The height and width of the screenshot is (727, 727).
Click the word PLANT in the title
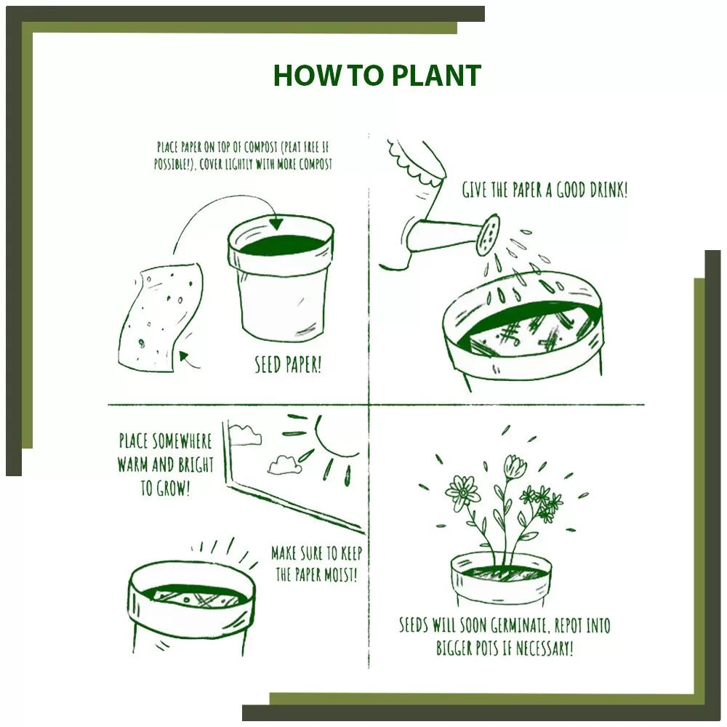pyautogui.click(x=435, y=76)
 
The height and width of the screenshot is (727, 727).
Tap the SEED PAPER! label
pyautogui.click(x=288, y=364)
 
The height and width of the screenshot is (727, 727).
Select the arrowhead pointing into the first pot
pyautogui.click(x=276, y=223)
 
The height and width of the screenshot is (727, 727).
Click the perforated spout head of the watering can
pyautogui.click(x=489, y=234)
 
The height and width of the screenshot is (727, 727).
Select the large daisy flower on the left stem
pyautogui.click(x=462, y=493)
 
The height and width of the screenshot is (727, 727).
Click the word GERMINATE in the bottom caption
pyautogui.click(x=511, y=626)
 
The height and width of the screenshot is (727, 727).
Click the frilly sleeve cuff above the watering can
pyautogui.click(x=416, y=161)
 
